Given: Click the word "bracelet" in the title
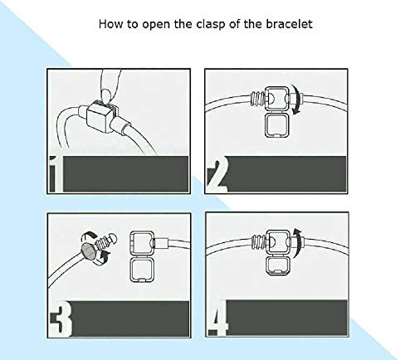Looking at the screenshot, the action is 289,24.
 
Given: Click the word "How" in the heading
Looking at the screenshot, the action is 110,24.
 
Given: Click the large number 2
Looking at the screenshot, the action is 218,174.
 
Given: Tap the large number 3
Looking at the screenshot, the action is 61,318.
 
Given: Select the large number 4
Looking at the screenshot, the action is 218,318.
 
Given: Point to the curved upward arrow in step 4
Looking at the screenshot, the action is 298,243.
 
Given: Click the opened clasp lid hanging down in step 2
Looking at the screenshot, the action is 277,125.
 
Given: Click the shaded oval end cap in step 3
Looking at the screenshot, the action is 89,251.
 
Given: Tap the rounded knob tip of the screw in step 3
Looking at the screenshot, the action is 113,239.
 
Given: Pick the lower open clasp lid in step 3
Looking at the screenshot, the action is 142,270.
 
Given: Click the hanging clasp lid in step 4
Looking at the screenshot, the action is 279,265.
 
